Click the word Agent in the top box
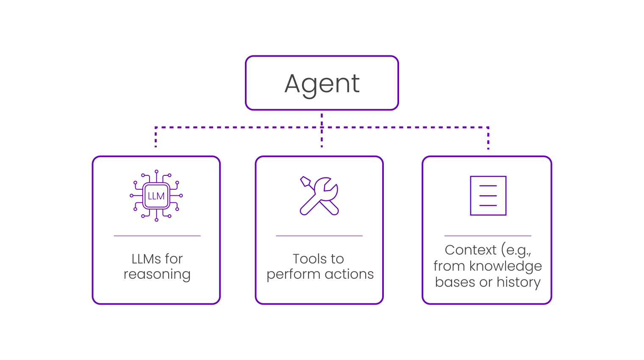coord(322,83)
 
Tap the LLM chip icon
coord(156,196)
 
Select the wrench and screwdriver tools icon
coord(319,196)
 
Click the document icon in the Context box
coord(488,196)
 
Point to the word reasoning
coord(157,274)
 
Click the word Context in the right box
coord(470,250)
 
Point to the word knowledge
coord(505,266)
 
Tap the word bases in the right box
coord(455,282)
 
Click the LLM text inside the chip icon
coord(156,196)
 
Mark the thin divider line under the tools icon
coord(319,236)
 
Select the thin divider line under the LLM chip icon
coord(157,236)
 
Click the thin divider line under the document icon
coord(488,236)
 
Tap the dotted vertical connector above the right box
coord(488,138)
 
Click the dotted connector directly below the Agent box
coord(322,119)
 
